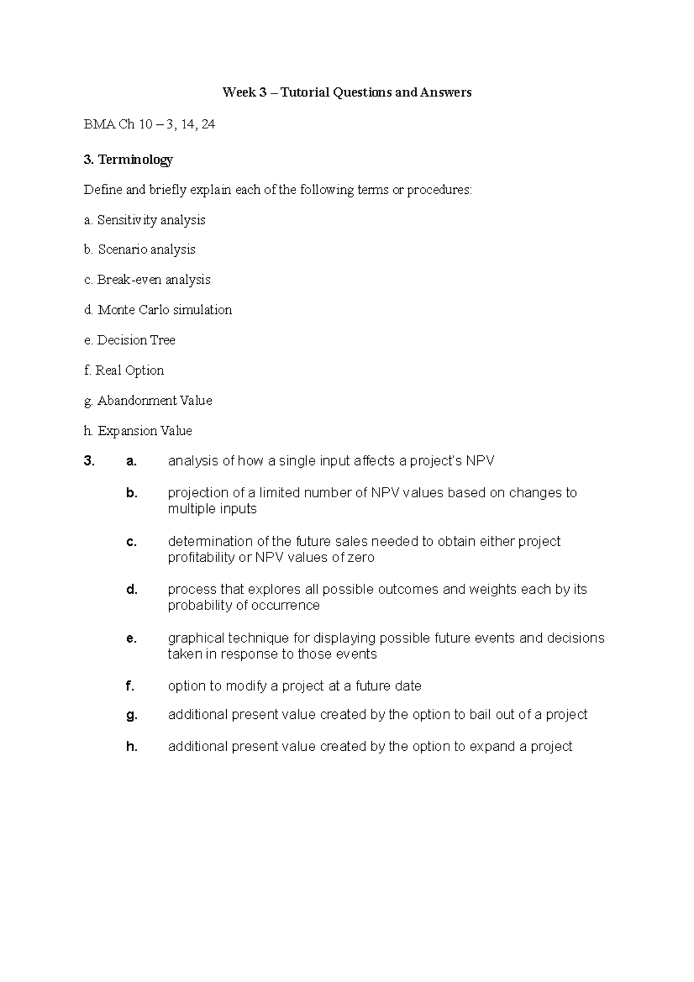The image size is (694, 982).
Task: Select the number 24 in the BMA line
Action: pos(208,124)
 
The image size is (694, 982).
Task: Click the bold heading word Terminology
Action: pos(135,160)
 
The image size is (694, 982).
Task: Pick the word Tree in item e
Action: pos(163,340)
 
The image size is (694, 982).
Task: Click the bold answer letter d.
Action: pos(132,590)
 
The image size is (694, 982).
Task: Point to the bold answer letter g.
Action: pos(132,715)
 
